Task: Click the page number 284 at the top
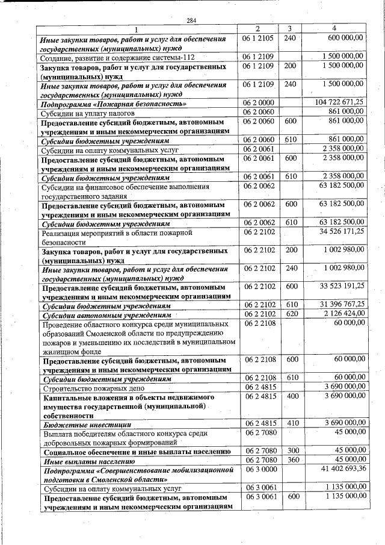coord(191,21)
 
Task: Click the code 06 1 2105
coord(258,38)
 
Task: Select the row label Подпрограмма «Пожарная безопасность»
coord(108,104)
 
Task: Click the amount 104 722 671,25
coord(340,102)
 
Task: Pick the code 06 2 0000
coord(258,102)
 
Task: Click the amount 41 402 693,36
coord(342,469)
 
